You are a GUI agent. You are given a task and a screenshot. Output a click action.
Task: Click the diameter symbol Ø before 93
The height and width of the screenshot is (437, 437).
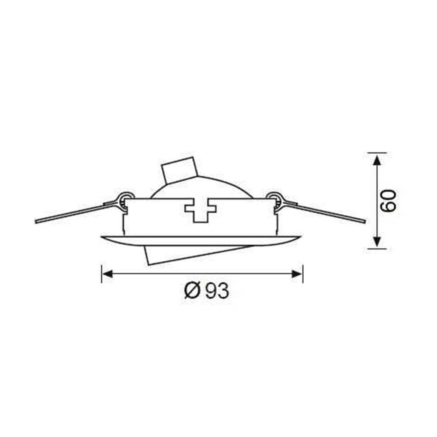click(192, 290)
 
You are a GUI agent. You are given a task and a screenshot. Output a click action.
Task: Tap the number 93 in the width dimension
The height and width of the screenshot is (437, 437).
click(217, 291)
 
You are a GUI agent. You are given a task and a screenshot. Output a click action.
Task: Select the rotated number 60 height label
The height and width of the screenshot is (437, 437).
click(388, 201)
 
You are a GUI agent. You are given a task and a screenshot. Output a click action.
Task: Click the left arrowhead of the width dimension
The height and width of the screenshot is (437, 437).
click(108, 274)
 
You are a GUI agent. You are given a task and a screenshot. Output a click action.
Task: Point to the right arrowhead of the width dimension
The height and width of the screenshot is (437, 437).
click(297, 274)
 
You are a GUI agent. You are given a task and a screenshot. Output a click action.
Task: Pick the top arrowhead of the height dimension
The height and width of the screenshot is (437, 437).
click(377, 160)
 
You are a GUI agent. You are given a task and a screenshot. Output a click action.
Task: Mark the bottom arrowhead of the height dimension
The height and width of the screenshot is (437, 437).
click(377, 241)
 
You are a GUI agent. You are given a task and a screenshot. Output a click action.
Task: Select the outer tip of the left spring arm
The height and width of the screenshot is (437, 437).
click(36, 222)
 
